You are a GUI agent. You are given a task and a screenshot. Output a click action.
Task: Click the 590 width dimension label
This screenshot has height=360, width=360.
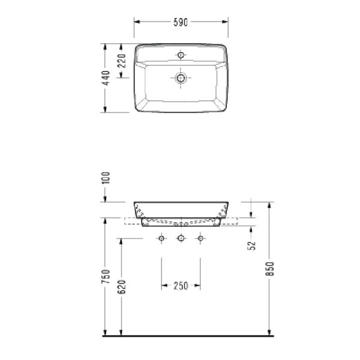181,22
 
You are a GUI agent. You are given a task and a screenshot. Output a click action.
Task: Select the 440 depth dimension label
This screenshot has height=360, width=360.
106,78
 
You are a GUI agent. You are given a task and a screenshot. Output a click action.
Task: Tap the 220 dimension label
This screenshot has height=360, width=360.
122,61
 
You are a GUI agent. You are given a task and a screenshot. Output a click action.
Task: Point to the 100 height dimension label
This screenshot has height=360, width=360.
106,178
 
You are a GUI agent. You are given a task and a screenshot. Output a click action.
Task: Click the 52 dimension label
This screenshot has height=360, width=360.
252,245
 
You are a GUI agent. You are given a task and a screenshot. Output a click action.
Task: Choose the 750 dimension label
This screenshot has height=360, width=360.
106,277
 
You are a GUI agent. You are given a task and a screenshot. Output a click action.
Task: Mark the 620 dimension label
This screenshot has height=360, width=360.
122,287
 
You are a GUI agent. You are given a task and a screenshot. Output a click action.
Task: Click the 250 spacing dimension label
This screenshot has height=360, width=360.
181,286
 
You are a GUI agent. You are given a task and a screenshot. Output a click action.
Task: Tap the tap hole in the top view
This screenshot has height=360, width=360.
181,55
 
